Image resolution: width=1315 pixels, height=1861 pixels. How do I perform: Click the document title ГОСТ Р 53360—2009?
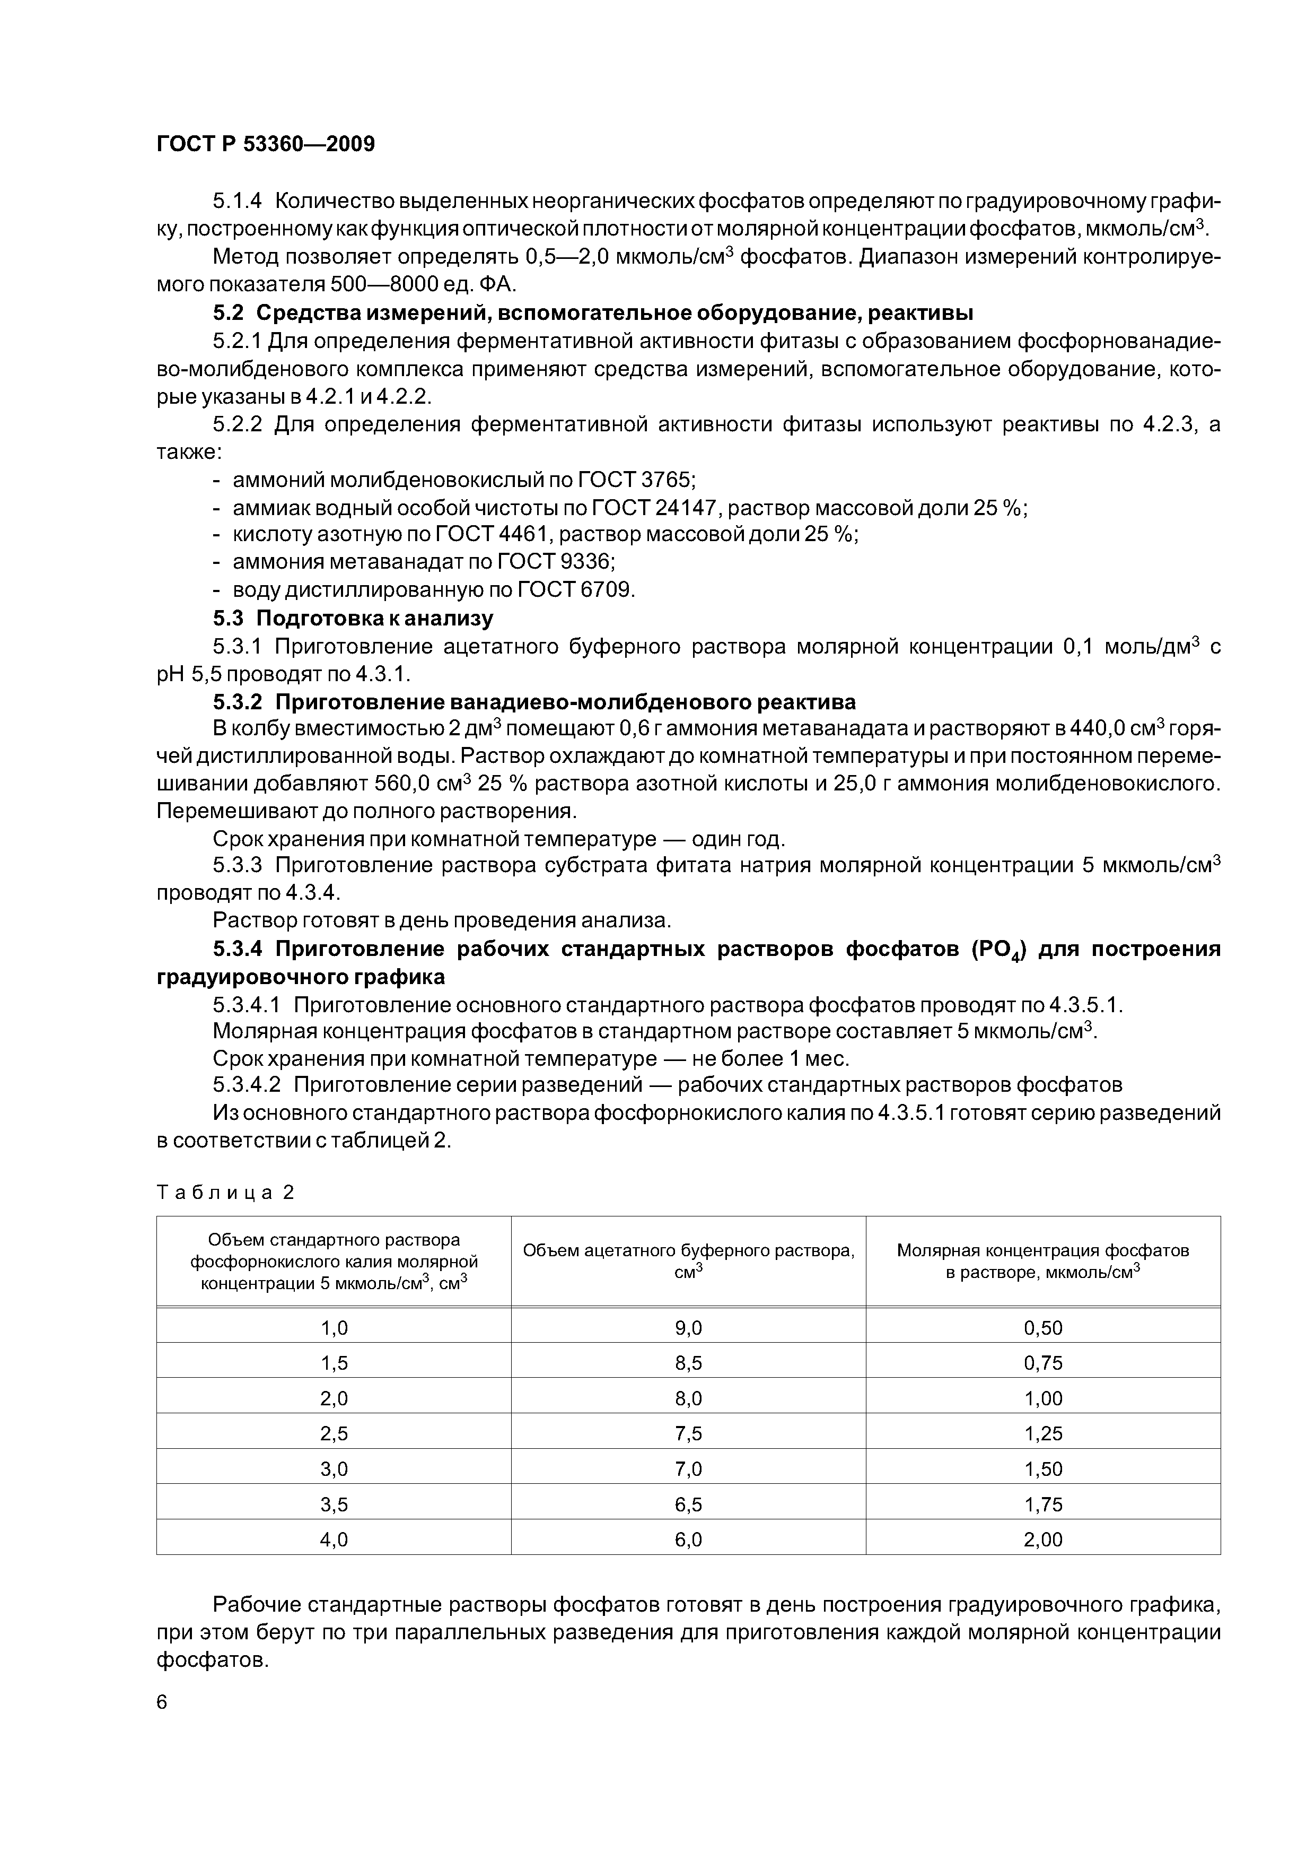click(x=266, y=144)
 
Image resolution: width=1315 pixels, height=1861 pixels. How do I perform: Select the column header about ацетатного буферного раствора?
click(x=688, y=1260)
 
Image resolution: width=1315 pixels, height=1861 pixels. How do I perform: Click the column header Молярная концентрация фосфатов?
click(x=1043, y=1260)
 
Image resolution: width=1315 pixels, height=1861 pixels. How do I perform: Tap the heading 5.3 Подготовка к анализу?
click(x=353, y=619)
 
